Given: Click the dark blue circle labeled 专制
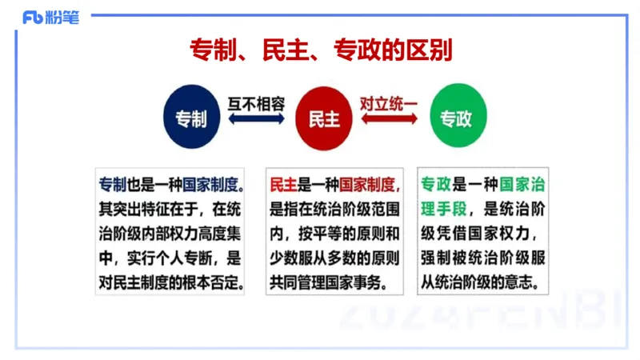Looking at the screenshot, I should click(190, 119).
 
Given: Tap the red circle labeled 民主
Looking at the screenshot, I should click(323, 119).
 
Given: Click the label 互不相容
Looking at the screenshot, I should click(256, 103).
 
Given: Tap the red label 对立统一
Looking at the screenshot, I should click(390, 103).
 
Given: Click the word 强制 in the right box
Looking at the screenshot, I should click(436, 258).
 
